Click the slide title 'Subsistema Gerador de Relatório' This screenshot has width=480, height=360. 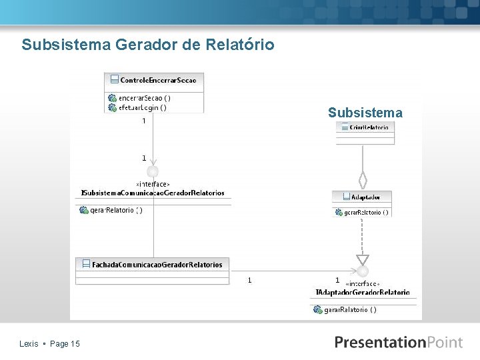[x=147, y=45]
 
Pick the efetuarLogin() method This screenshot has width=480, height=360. [x=143, y=107]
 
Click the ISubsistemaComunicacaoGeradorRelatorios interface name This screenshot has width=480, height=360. [x=153, y=193]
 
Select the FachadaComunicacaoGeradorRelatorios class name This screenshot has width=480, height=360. [x=157, y=265]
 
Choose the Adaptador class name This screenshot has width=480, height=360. [x=365, y=197]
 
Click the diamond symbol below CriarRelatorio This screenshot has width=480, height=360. [x=363, y=180]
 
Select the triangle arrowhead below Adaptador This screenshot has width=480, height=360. [x=362, y=260]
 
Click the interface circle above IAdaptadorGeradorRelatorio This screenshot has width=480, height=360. [x=362, y=271]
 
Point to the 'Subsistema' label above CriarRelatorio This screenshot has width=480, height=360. [x=365, y=113]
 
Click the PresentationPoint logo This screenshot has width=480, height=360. [x=398, y=342]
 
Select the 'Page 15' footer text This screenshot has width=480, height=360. [x=65, y=344]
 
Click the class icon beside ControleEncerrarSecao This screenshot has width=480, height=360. [x=113, y=80]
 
